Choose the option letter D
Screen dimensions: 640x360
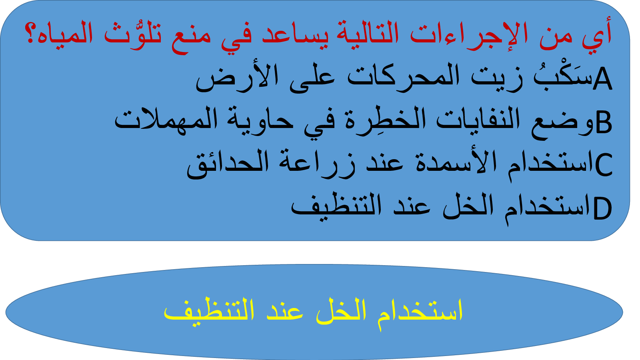pos(602,208)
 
